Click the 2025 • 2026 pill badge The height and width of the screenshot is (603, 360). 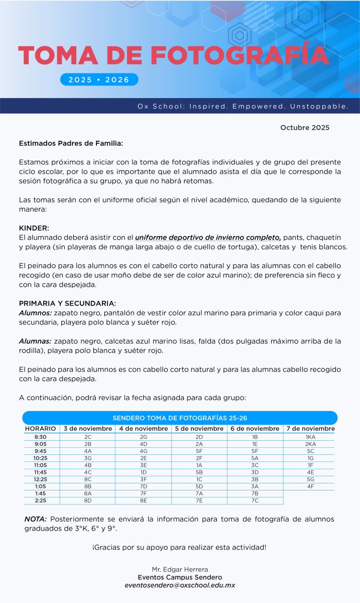pyautogui.click(x=99, y=79)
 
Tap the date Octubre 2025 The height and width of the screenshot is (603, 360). pyautogui.click(x=305, y=128)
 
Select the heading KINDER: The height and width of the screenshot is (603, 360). pyautogui.click(x=34, y=228)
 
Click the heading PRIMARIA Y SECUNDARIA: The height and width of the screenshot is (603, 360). pyautogui.click(x=67, y=304)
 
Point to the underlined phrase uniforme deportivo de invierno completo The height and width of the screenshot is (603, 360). pyautogui.click(x=208, y=237)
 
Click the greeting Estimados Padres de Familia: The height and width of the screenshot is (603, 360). pyautogui.click(x=71, y=143)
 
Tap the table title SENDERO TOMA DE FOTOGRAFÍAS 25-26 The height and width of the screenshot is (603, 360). pyautogui.click(x=180, y=418)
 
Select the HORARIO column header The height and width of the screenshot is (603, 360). pyautogui.click(x=40, y=429)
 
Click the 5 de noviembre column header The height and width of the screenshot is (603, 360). pyautogui.click(x=199, y=429)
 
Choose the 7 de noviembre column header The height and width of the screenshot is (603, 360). pyautogui.click(x=310, y=429)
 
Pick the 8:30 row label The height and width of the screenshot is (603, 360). pyautogui.click(x=40, y=437)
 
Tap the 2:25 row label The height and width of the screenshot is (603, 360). pyautogui.click(x=40, y=500)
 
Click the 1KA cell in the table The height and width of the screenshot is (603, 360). pyautogui.click(x=310, y=437)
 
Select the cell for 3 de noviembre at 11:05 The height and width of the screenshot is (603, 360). pyautogui.click(x=88, y=465)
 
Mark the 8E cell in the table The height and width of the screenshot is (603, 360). pyautogui.click(x=144, y=500)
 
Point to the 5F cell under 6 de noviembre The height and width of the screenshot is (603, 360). pyautogui.click(x=255, y=451)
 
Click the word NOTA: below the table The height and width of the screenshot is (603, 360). pyautogui.click(x=36, y=519)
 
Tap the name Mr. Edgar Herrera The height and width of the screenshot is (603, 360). pyautogui.click(x=180, y=569)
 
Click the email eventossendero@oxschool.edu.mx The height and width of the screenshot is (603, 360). pyautogui.click(x=180, y=585)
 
